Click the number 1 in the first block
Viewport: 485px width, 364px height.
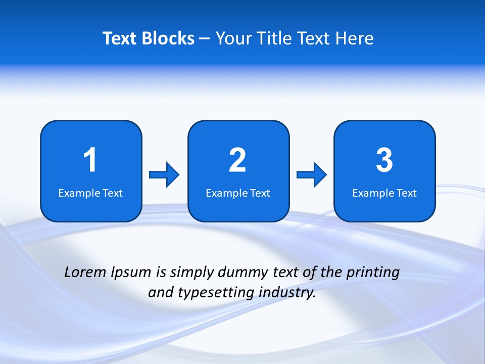(90, 160)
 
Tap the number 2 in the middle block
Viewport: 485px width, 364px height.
(237, 160)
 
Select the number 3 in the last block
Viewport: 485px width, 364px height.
(384, 160)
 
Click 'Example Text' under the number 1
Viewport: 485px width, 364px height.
(90, 193)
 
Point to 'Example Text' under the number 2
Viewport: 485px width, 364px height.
(238, 193)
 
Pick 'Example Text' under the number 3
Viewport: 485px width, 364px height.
(384, 193)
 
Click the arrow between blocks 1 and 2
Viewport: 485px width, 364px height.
(164, 175)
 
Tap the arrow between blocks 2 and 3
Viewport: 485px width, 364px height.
(312, 175)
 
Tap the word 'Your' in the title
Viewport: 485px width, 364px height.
(232, 38)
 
